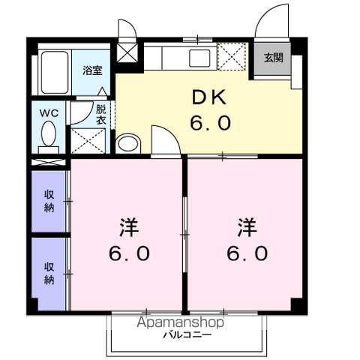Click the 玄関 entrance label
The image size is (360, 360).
coord(274,58)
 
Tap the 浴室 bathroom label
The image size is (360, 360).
coord(92,70)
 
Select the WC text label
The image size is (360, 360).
coord(49,113)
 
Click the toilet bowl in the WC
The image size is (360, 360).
coord(49,133)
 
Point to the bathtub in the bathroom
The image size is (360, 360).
coord(55,73)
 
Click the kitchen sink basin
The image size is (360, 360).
coord(199,58)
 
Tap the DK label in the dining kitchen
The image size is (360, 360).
coord(209,97)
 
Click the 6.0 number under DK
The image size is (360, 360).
coord(210,123)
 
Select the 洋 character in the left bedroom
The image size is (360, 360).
coord(129,227)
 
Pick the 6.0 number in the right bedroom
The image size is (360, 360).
coord(247,253)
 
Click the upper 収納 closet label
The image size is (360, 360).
coord(49,201)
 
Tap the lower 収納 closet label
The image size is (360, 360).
coord(49,273)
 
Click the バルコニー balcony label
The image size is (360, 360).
coord(187,334)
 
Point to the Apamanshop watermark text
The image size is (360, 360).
coord(180,322)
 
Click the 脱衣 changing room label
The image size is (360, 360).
coord(101,115)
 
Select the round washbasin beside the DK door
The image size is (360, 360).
coord(128,144)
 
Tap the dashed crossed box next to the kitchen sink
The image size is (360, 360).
coord(232,56)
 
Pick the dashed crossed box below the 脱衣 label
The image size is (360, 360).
coord(88,141)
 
